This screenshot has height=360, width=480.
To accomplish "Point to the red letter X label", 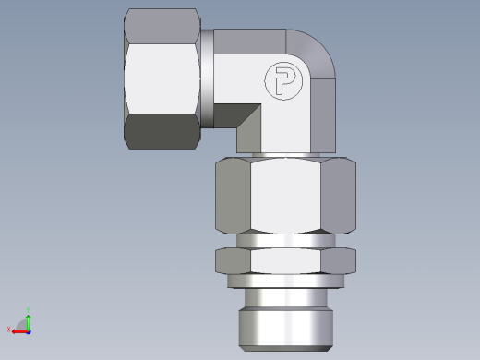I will pyautogui.click(x=8, y=330).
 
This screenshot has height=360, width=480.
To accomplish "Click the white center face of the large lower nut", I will pyautogui.click(x=285, y=196).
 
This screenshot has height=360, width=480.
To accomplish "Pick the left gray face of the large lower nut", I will pyautogui.click(x=234, y=196).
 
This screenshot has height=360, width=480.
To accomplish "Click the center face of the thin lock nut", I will pyautogui.click(x=285, y=261).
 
